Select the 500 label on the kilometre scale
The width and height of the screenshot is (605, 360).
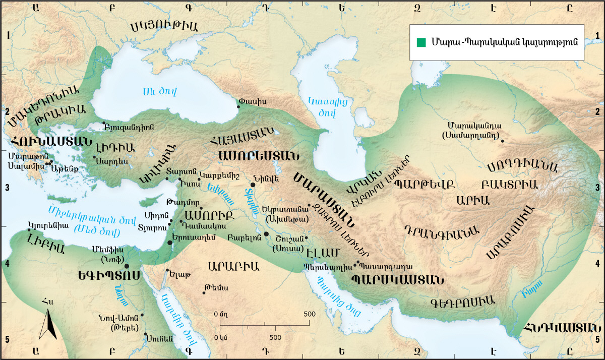275,336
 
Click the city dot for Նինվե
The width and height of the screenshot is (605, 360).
253,186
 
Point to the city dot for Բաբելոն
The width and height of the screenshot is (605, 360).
266,234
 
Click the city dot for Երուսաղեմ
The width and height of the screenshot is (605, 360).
170,243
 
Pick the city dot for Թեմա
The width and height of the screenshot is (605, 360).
204,292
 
